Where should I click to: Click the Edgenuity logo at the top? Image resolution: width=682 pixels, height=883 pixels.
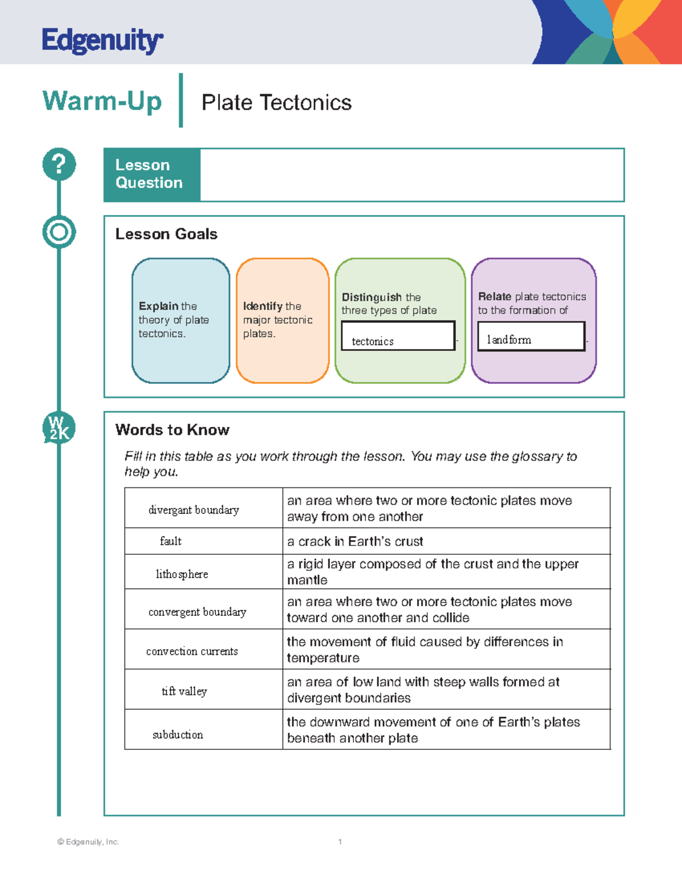(102, 40)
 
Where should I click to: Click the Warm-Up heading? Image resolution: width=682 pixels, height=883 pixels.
(102, 101)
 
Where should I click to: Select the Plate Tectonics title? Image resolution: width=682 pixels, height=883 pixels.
(276, 103)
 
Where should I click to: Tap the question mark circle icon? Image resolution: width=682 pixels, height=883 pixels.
(59, 164)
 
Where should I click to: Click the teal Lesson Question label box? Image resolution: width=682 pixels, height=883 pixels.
(152, 175)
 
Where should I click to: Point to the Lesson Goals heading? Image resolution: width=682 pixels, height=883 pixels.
(166, 234)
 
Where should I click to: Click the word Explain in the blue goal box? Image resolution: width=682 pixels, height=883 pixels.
(159, 306)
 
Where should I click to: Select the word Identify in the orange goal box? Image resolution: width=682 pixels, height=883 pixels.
(263, 306)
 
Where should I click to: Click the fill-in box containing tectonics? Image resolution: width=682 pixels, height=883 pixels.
(398, 336)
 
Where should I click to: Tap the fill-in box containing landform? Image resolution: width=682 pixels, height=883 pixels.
(531, 337)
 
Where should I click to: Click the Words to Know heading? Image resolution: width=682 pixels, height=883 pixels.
(172, 430)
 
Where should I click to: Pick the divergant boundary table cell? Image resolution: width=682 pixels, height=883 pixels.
(194, 509)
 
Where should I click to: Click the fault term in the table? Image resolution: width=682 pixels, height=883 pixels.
(170, 541)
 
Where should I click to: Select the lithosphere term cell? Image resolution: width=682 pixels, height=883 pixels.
(182, 574)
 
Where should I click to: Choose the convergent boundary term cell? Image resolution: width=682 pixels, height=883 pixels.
(197, 612)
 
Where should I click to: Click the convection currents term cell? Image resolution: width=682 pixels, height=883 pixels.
(192, 651)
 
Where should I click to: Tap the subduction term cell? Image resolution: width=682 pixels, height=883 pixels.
(178, 735)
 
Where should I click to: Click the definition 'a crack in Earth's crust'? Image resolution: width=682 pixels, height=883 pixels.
(355, 541)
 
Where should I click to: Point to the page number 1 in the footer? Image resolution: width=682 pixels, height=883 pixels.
(340, 841)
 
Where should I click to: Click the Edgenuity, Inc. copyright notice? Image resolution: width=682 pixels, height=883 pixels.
(88, 841)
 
